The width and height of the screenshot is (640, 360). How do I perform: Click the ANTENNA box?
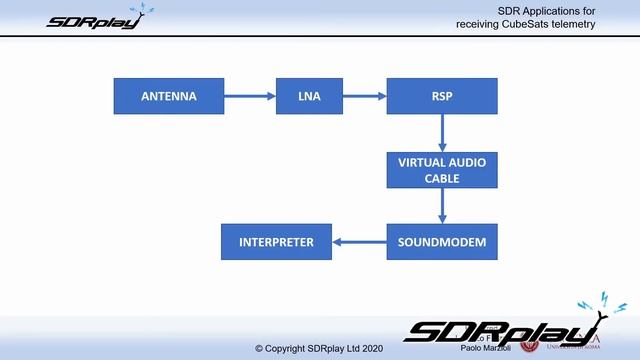click(168, 97)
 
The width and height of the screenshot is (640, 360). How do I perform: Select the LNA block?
click(309, 97)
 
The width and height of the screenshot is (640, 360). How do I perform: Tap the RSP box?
click(442, 97)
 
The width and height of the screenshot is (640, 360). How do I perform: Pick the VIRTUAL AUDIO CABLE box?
click(442, 170)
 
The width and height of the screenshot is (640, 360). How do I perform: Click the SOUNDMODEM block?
click(442, 242)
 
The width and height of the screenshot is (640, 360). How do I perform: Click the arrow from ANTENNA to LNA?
click(249, 97)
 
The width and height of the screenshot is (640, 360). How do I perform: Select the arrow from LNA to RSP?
click(364, 97)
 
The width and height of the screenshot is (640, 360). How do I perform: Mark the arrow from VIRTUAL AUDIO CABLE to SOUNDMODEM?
click(442, 206)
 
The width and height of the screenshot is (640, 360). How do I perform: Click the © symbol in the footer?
click(259, 349)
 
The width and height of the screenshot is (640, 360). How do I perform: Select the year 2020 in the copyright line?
click(369, 349)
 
